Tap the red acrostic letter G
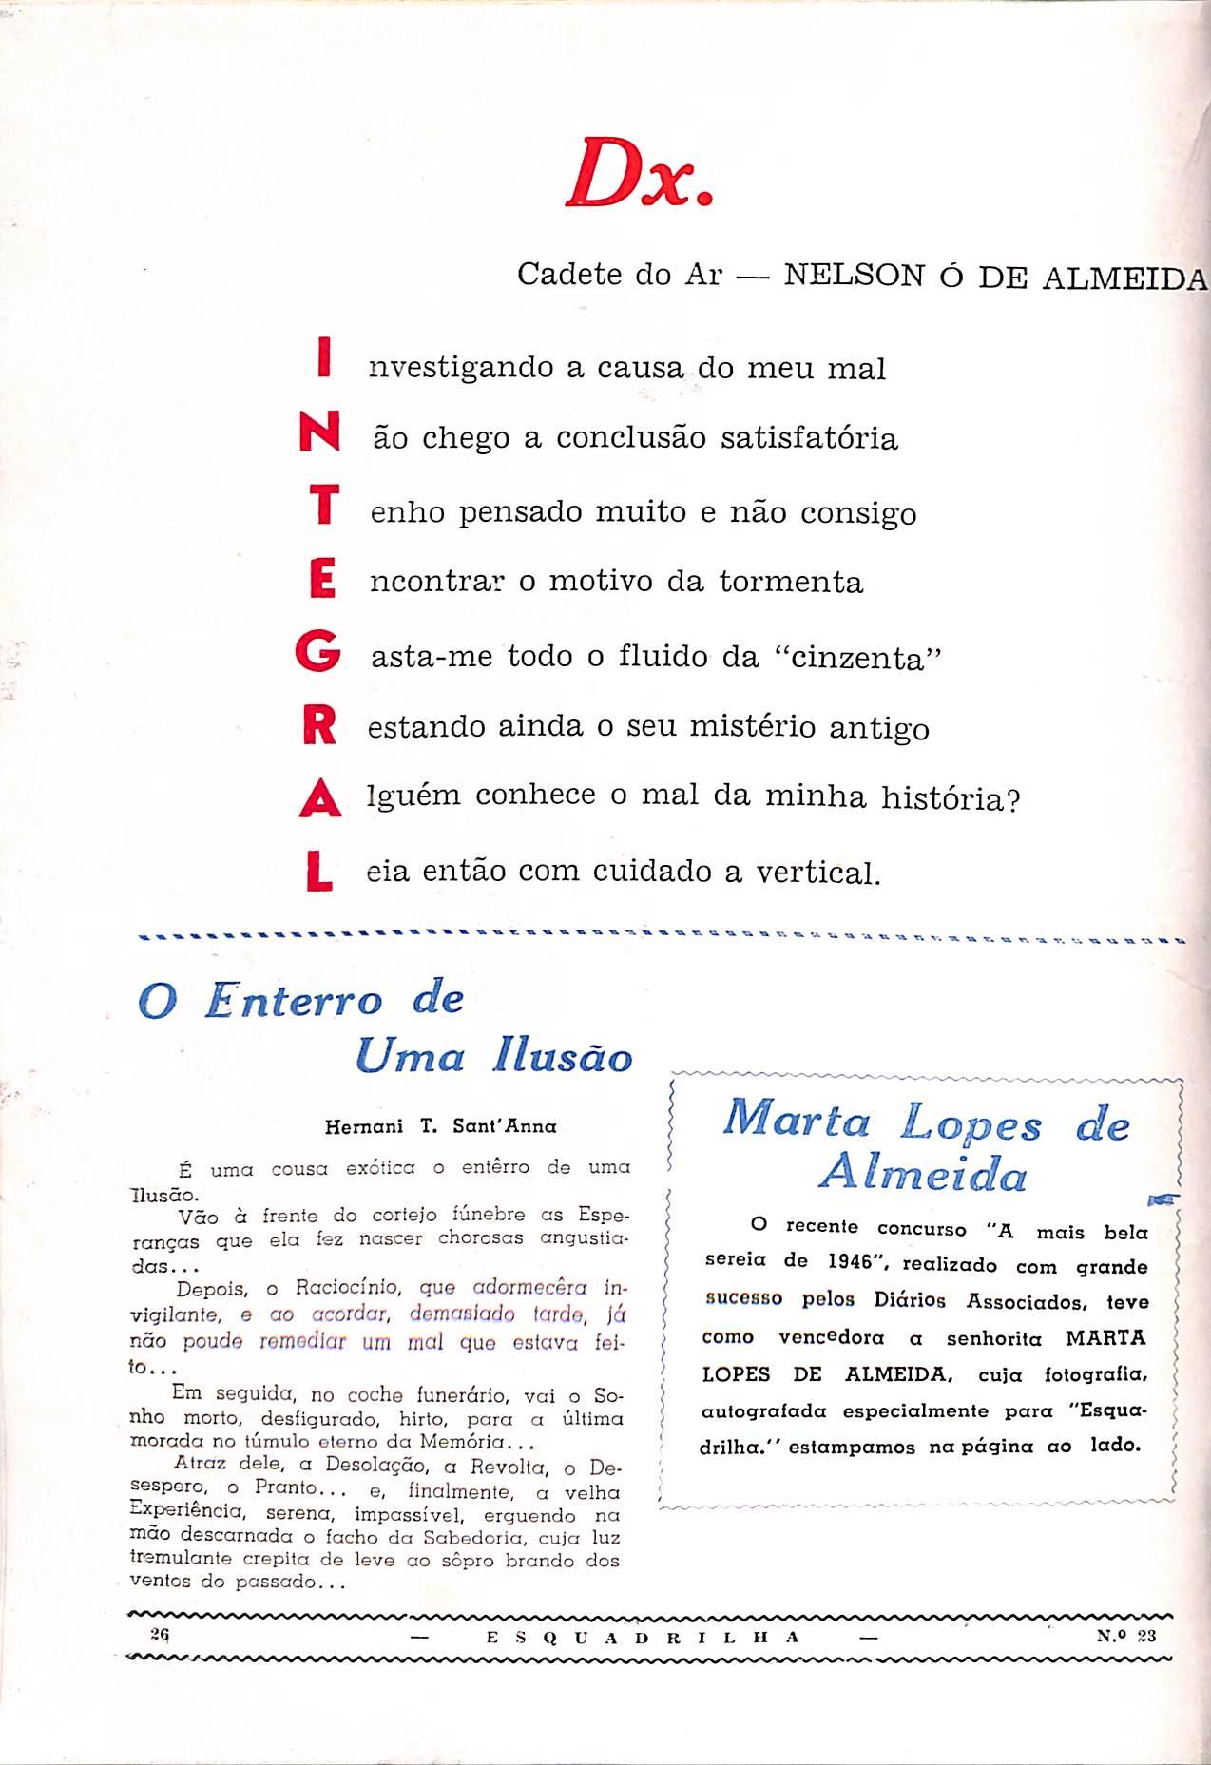tap(318, 655)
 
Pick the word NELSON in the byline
tap(853, 276)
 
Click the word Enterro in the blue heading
tap(295, 1001)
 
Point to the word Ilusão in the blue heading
tap(563, 1057)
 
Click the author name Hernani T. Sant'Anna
tap(440, 1126)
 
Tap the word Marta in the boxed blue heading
tap(797, 1121)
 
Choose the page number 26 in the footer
tap(159, 1635)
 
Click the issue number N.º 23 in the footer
tap(1125, 1636)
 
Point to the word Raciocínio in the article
tap(351, 1289)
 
